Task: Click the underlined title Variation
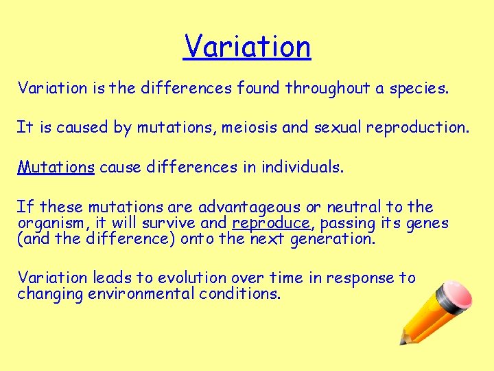tap(247, 47)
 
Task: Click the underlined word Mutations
tap(56, 167)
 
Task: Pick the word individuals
tap(302, 167)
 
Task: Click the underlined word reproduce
tap(271, 223)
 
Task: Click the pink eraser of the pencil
tap(454, 293)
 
